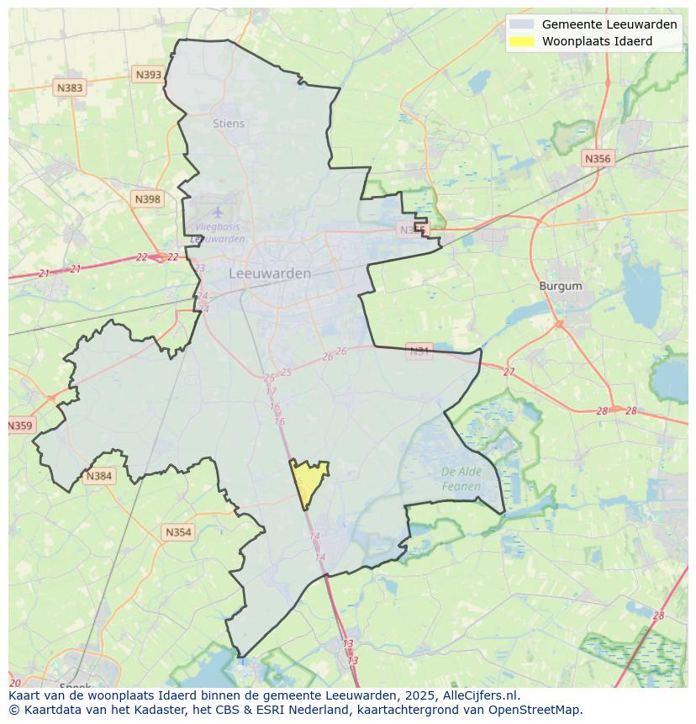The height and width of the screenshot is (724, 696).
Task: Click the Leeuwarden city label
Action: coord(270,273)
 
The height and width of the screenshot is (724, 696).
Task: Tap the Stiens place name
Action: coord(229,124)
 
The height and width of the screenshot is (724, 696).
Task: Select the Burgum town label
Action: coord(561,286)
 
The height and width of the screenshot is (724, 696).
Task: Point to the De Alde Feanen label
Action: coord(461,478)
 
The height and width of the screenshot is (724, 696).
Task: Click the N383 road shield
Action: coord(70,87)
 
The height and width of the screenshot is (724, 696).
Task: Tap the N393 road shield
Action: coord(148,75)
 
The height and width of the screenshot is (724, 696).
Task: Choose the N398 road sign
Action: coord(147,198)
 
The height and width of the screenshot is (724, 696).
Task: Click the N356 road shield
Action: coord(598,158)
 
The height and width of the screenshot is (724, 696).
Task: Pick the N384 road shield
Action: coord(98,476)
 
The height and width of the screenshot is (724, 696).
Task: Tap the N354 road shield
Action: coord(178,532)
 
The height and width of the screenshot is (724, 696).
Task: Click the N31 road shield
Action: coord(419,350)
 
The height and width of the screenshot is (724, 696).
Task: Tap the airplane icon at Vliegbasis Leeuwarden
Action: coord(218,212)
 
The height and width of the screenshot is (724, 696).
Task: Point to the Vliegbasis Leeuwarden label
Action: coord(218,232)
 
